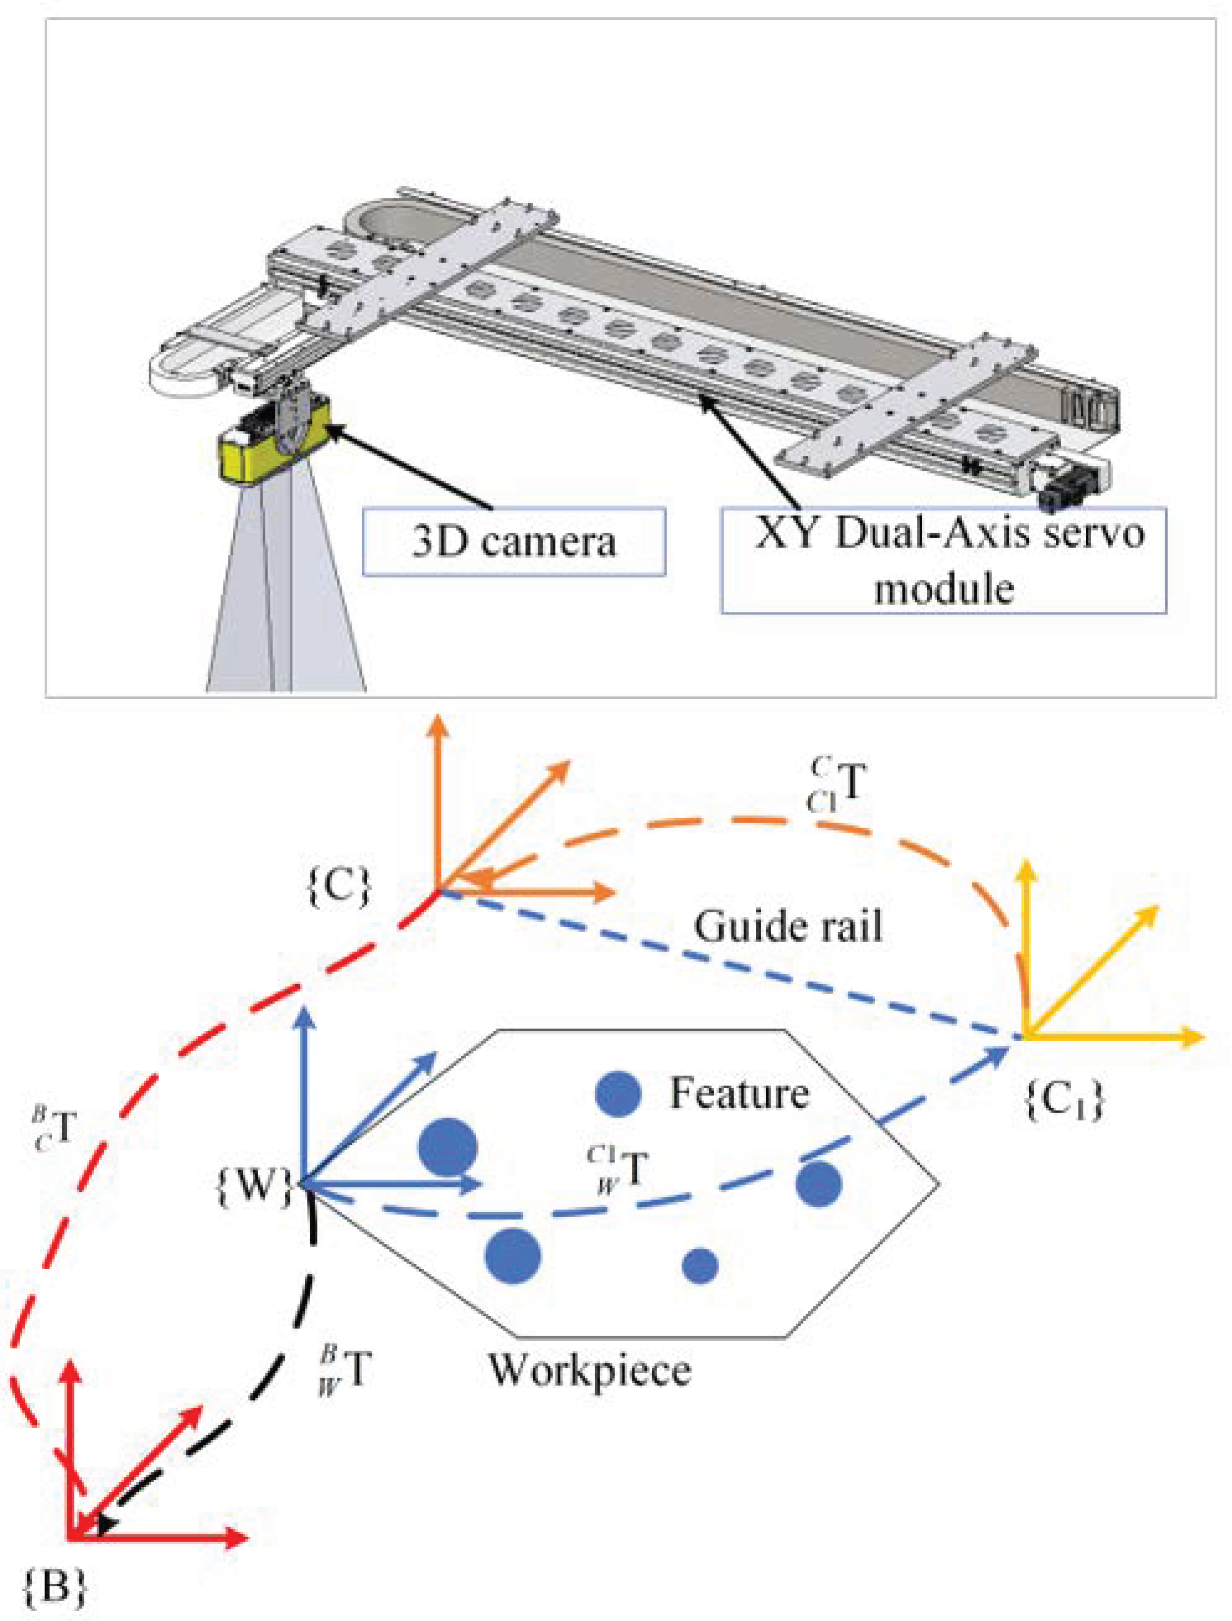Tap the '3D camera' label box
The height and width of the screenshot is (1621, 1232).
[x=513, y=542]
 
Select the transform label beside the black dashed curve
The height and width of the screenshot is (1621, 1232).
[x=344, y=1368]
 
